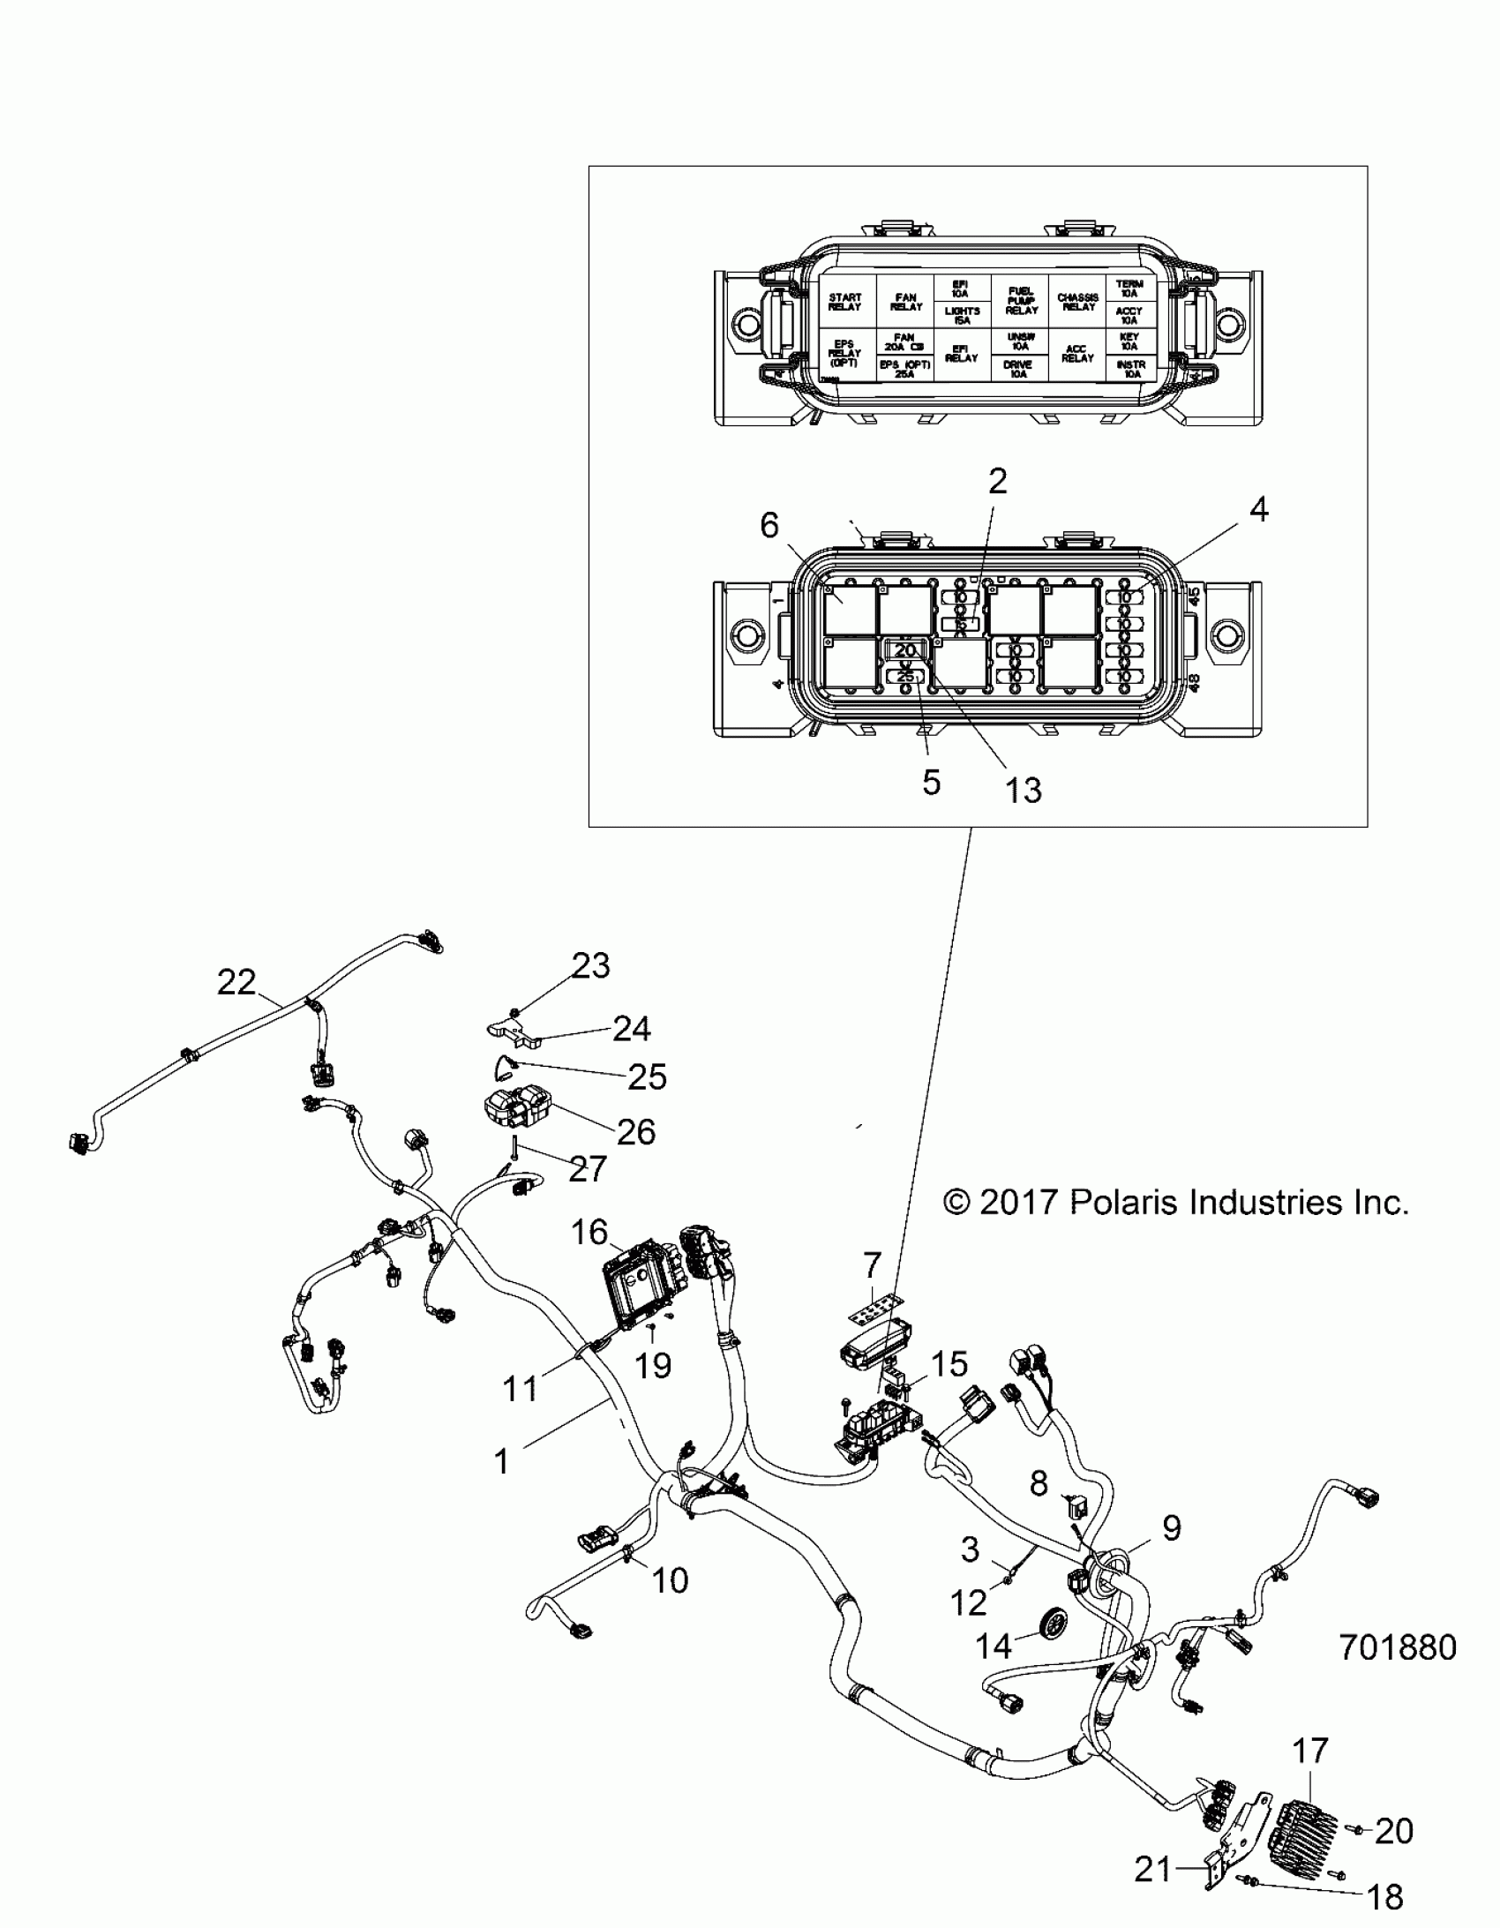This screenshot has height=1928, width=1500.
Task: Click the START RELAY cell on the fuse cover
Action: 845,302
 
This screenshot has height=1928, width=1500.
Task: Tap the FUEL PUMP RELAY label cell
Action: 1021,301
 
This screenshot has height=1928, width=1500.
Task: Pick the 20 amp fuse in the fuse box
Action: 905,650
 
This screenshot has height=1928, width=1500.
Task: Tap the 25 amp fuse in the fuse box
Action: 905,677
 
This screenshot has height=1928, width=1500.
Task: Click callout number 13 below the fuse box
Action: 1024,790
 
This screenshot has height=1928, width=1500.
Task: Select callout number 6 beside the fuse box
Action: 769,525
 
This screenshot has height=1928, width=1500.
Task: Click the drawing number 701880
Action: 1398,1647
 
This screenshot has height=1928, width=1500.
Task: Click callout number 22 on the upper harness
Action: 236,982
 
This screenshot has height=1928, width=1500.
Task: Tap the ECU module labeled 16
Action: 634,1295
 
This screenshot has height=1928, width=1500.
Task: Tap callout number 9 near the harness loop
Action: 1172,1528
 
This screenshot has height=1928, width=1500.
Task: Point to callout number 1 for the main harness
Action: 501,1462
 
